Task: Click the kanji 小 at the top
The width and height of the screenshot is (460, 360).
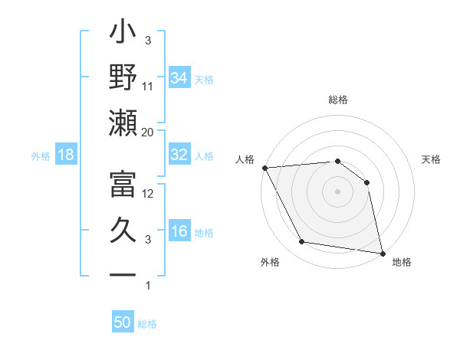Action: pos(123,34)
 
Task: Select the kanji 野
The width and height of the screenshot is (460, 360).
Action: pos(123,78)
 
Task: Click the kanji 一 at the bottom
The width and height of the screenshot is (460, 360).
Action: pos(123,274)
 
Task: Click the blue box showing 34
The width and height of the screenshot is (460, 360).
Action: pos(179,77)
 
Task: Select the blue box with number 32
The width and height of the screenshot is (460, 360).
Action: pos(179,155)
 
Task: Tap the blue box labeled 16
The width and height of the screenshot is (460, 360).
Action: pos(179,231)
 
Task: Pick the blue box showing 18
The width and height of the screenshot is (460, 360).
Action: pos(66,155)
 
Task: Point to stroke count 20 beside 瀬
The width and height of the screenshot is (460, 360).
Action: pos(147,133)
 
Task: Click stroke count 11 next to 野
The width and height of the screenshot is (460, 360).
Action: pos(148,87)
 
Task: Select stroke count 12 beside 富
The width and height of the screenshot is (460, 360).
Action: pos(148,194)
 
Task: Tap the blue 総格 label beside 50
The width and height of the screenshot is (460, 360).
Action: pos(147,324)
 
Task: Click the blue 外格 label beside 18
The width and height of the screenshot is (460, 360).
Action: pos(41,156)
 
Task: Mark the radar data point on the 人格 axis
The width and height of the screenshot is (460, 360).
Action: pos(264,168)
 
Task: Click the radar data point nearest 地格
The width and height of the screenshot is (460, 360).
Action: pos(381,253)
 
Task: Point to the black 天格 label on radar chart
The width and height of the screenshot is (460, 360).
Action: pos(432,159)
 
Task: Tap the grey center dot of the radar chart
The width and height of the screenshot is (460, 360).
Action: pos(337,191)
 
